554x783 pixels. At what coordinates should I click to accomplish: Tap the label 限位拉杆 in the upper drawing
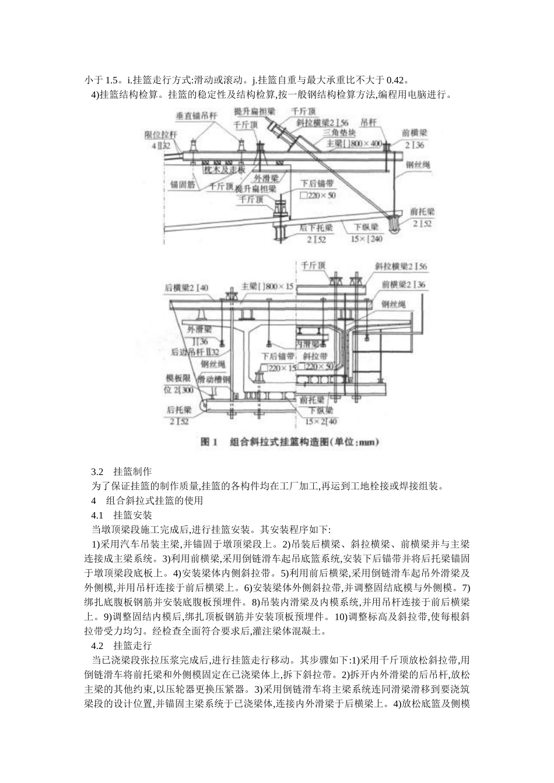(x=159, y=135)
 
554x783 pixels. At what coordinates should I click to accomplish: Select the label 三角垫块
(x=343, y=132)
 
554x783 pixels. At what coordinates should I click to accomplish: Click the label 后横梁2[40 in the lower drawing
(x=187, y=287)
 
